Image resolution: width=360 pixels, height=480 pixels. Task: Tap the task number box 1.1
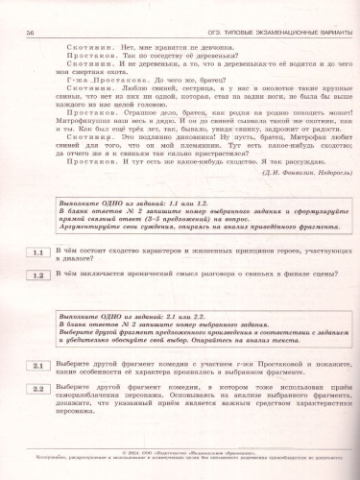tap(39, 253)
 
